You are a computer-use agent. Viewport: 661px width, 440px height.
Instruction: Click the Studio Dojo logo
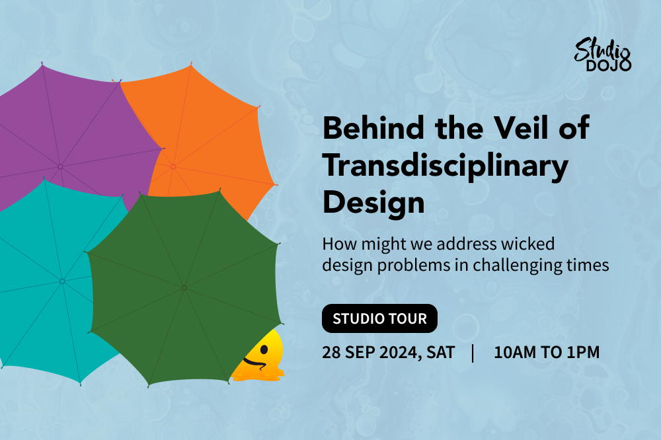pos(602,55)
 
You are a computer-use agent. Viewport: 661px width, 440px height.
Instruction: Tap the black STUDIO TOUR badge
pos(379,318)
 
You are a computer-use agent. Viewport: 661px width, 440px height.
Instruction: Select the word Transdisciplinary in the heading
pos(446,166)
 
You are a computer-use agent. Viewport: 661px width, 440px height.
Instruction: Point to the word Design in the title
pos(373,203)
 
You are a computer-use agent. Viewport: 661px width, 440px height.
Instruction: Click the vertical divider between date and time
pos(473,353)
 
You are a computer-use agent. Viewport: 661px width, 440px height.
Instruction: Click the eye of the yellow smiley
pos(264,349)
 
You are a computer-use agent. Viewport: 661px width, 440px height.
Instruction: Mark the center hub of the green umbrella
pos(184,288)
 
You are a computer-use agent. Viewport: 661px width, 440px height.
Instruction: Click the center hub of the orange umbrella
pos(173,167)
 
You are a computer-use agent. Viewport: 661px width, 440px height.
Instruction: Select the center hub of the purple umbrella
pos(60,167)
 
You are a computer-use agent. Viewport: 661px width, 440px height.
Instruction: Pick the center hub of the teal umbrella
pos(62,281)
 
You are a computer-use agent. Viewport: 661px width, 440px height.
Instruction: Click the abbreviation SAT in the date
pos(440,352)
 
